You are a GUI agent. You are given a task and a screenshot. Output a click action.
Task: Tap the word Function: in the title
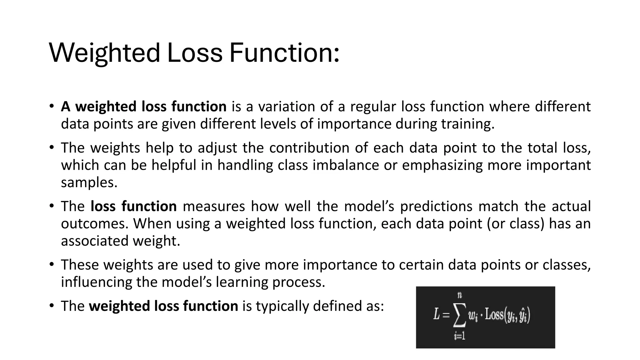[284, 52]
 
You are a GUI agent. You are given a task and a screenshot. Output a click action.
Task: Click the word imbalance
[346, 165]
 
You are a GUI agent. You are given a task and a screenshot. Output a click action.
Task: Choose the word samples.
[89, 182]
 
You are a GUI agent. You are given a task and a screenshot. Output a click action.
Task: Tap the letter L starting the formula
[437, 314]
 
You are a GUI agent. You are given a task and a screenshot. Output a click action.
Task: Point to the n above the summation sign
[460, 295]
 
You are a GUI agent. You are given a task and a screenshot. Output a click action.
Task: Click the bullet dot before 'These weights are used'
[52, 265]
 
